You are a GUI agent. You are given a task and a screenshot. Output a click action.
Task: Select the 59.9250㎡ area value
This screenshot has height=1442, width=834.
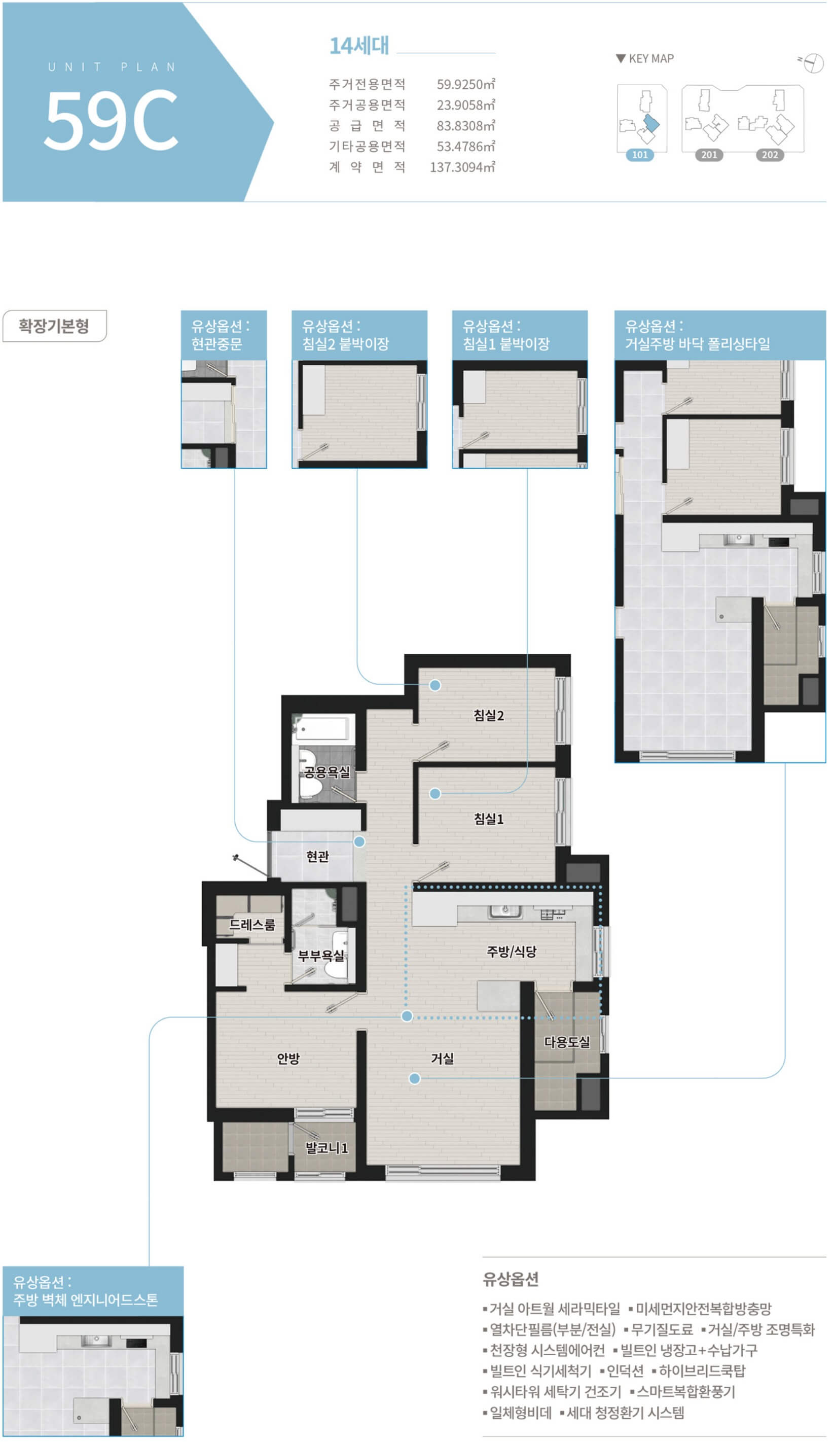(465, 85)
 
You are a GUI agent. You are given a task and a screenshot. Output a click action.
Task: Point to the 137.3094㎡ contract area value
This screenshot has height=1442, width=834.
(462, 167)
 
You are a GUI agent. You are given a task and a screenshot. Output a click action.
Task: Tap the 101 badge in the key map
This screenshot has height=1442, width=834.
(639, 155)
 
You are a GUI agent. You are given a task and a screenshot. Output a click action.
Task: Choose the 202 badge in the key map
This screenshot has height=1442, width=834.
(770, 155)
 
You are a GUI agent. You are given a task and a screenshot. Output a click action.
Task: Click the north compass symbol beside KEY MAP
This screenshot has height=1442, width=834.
(812, 62)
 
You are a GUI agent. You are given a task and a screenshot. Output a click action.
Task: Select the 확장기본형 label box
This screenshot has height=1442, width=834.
(54, 326)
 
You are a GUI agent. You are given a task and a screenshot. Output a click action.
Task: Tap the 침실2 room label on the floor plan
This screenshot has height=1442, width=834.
(489, 715)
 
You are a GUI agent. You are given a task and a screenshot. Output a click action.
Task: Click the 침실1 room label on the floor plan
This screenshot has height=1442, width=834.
(489, 819)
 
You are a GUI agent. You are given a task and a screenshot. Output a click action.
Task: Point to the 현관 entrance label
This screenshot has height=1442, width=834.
(317, 856)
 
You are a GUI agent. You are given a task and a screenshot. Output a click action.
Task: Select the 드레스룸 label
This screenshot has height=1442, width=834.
(252, 924)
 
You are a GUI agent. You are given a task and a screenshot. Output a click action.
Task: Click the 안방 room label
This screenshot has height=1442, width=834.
(288, 1058)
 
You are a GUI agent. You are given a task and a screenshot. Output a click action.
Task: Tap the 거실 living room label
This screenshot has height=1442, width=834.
(442, 1058)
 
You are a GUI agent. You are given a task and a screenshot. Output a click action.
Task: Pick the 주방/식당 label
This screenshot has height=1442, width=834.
(512, 951)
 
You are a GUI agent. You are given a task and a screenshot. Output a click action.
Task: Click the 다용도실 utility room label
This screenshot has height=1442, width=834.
(566, 1042)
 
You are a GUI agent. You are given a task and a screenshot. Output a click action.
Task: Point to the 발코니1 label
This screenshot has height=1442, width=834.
(326, 1148)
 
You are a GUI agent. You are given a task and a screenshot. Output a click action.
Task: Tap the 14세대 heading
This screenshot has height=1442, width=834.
(359, 45)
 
